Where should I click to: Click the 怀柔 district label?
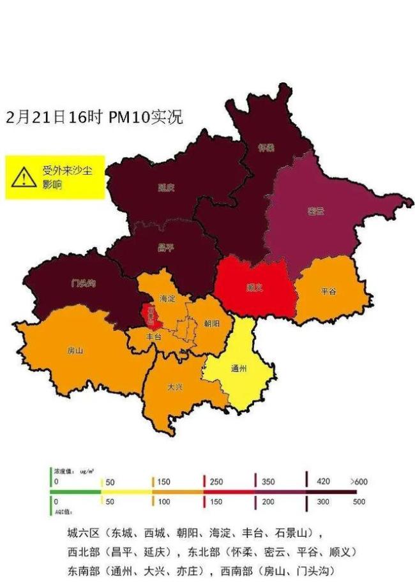click(x=266, y=147)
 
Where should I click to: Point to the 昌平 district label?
click(x=165, y=247)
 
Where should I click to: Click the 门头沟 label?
click(x=83, y=283)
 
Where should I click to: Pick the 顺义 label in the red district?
click(x=254, y=288)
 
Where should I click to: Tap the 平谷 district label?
click(x=329, y=292)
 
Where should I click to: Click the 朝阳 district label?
click(x=212, y=324)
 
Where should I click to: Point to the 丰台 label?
click(x=154, y=336)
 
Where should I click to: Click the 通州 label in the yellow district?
click(x=238, y=369)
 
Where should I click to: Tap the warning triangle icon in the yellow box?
click(x=24, y=177)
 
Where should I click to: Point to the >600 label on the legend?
click(x=359, y=481)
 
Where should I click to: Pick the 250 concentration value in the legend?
click(x=216, y=482)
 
